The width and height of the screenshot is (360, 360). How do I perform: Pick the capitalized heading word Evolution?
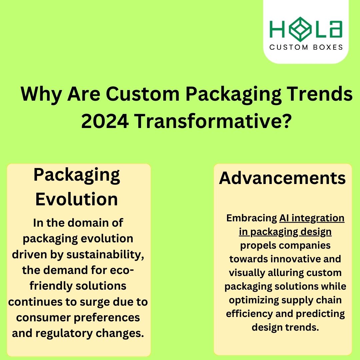[x=77, y=199]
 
